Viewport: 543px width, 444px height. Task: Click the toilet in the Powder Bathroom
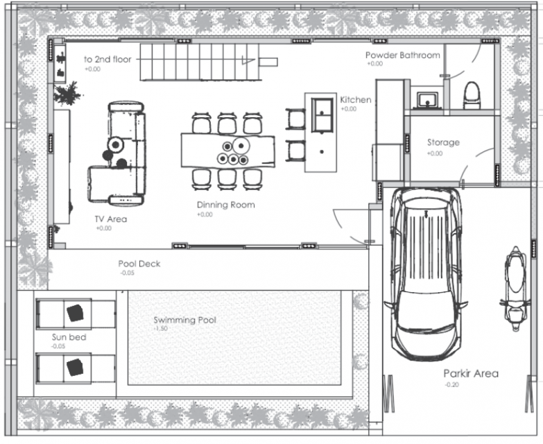coord(472,95)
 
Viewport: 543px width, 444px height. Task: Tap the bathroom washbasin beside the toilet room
coord(427,100)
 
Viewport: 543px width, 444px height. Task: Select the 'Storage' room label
coord(443,142)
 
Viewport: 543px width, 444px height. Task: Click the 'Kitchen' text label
coord(355,100)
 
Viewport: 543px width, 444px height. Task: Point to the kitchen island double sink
coord(322,115)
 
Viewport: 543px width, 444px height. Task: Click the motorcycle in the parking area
coord(515,289)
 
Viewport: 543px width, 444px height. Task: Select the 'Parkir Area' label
coord(471,373)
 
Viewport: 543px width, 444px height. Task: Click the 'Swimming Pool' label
coord(185,320)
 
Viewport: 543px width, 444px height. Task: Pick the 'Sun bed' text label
coord(69,337)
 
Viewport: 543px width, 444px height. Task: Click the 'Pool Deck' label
coord(139,264)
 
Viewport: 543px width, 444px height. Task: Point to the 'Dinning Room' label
coord(226,205)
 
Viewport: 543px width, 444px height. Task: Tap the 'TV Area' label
coord(111,219)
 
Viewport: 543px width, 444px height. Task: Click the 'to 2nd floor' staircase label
coord(107,59)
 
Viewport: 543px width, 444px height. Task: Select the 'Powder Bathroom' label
coord(403,55)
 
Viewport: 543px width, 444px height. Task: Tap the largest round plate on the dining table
coord(241,146)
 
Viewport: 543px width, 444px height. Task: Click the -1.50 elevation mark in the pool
coord(161,328)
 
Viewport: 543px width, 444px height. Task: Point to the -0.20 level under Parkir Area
coord(452,384)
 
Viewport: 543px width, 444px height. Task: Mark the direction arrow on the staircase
coord(248,61)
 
